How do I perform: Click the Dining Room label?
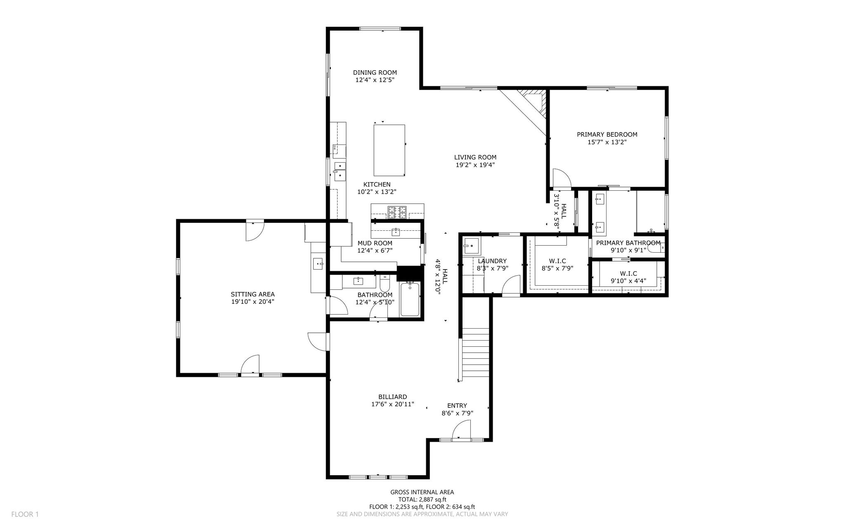(x=375, y=73)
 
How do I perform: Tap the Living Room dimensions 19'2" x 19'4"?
(x=475, y=165)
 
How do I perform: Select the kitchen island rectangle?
(x=389, y=150)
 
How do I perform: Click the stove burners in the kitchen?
(x=397, y=212)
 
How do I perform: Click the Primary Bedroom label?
(x=607, y=135)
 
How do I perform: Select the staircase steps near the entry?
(x=475, y=354)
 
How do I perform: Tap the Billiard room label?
(x=392, y=397)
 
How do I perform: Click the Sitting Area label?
(x=253, y=294)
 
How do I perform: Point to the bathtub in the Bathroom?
(x=410, y=299)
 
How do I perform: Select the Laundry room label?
(x=492, y=261)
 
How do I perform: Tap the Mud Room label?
(x=375, y=243)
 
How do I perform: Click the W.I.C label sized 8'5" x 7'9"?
(x=557, y=261)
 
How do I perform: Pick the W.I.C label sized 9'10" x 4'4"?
(x=628, y=273)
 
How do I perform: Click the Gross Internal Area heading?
(x=422, y=492)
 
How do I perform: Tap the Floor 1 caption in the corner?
(x=25, y=514)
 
